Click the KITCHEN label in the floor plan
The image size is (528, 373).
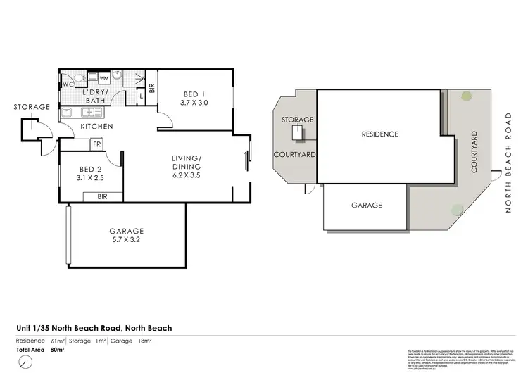[96, 127]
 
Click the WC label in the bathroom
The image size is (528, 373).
[68, 84]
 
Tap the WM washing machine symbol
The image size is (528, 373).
[103, 78]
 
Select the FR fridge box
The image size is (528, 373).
[96, 144]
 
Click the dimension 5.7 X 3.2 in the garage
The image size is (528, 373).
[126, 240]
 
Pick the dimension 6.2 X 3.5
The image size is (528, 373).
[187, 175]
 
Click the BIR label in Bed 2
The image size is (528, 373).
[102, 197]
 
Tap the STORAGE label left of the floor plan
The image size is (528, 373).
[32, 107]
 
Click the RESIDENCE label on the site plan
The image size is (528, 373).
[379, 134]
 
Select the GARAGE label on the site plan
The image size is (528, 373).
[366, 206]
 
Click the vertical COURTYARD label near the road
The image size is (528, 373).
[474, 152]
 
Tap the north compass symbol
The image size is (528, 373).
[26, 362]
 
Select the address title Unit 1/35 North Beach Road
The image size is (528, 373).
[94, 328]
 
